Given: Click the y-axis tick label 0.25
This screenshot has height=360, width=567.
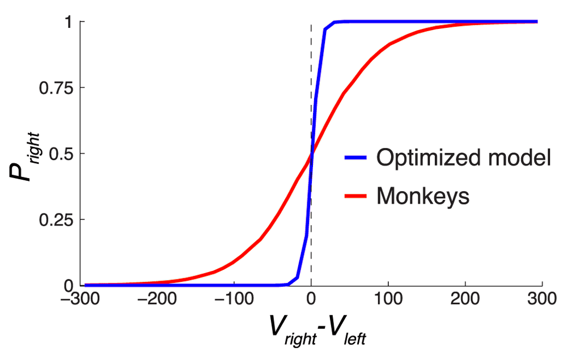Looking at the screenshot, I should (55, 219).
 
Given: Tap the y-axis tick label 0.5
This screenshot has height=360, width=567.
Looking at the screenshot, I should (60, 154).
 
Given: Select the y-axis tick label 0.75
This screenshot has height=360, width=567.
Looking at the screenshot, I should (55, 88).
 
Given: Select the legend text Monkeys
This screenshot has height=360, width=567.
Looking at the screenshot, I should (422, 197).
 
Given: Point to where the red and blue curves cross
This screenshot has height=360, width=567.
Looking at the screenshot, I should (311, 154).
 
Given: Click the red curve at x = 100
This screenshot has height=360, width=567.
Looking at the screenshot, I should (388, 44).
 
